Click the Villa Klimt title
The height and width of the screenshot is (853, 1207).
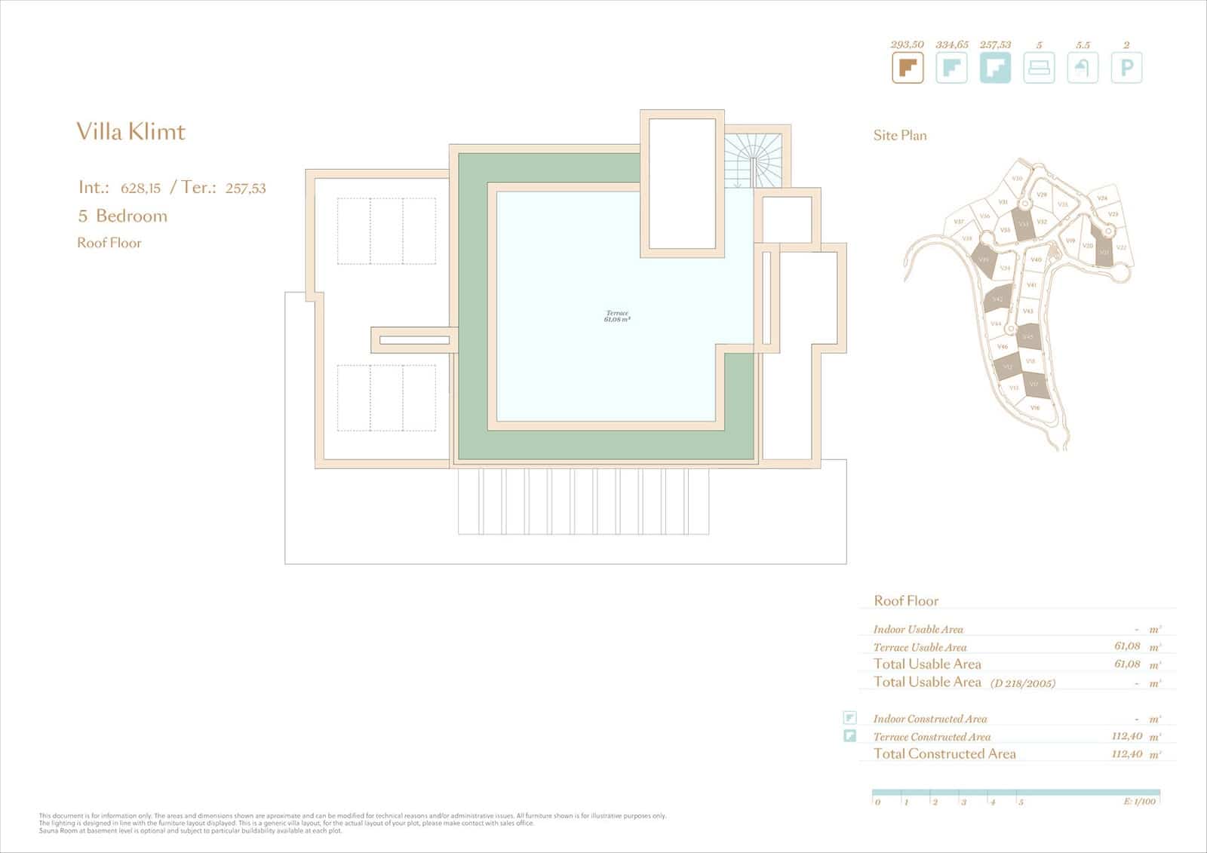(131, 132)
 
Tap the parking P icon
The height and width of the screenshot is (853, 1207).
(1126, 68)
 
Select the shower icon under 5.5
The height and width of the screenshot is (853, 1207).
(1083, 68)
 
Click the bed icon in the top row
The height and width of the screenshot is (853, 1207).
(1039, 68)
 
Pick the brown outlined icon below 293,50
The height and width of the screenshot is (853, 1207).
(908, 68)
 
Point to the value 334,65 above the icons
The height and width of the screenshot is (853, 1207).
(951, 44)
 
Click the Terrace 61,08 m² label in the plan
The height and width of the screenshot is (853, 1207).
(617, 316)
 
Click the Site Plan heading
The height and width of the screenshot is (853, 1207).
(900, 136)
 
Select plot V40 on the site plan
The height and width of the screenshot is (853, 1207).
(1036, 259)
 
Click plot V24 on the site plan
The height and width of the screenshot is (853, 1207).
(1102, 198)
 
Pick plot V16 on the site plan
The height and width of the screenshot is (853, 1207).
(1035, 407)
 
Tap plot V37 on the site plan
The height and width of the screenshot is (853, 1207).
(958, 222)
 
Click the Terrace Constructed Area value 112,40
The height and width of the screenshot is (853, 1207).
(1126, 736)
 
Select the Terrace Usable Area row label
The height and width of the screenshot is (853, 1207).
(920, 647)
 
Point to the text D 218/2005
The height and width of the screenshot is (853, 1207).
(1022, 683)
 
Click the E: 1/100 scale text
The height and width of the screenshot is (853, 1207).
(1139, 801)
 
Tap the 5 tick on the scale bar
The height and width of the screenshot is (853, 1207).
(1021, 802)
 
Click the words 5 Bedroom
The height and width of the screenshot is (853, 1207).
(122, 216)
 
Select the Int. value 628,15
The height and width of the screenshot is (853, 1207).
(140, 189)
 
